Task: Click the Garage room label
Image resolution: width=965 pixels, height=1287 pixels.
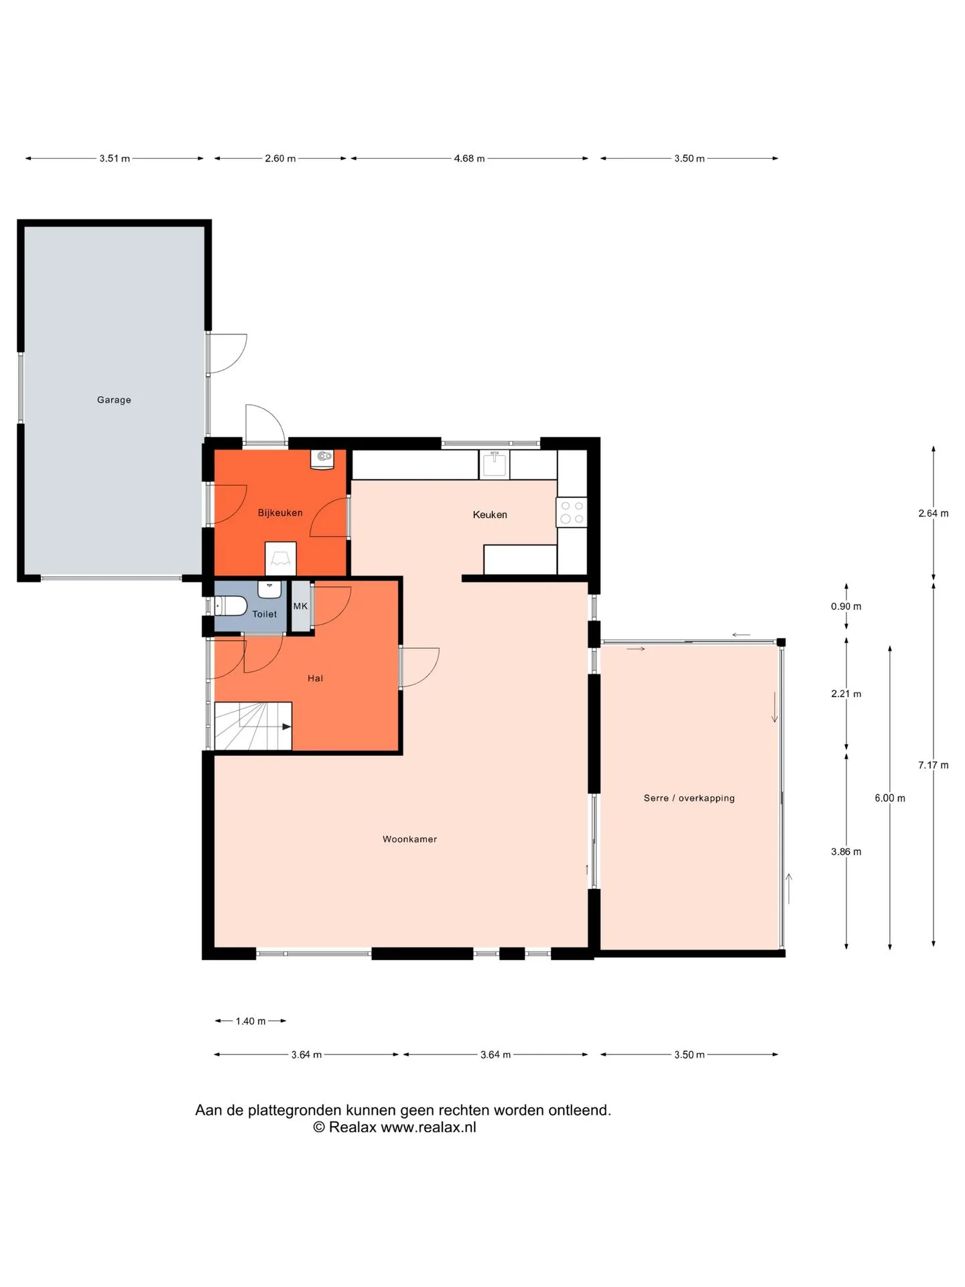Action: pos(114,400)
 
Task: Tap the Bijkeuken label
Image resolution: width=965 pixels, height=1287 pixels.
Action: pos(280,513)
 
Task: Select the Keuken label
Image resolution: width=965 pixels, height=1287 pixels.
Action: pos(490,515)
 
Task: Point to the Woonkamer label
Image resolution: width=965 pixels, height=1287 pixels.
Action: pos(409,839)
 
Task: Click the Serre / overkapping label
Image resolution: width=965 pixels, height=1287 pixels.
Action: pos(689,798)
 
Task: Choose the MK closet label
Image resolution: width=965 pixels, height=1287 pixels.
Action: pos(300,606)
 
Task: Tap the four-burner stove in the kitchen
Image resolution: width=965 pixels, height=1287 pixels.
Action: pos(572,513)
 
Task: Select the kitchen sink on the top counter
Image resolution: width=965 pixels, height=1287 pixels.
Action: pos(495,464)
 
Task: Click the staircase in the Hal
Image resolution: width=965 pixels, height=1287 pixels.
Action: pos(253,726)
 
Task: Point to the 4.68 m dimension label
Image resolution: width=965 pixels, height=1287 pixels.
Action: pos(469,159)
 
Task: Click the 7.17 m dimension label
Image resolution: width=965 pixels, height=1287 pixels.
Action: pos(934,765)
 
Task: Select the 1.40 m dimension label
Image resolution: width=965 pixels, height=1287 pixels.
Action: pos(251,1022)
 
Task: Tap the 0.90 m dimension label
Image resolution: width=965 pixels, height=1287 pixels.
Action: pos(846,607)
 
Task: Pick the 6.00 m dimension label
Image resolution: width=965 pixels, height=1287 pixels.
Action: pos(890,798)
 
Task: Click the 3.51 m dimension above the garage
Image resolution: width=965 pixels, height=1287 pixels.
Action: pos(115,159)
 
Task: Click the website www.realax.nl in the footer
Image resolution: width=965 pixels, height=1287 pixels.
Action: pos(428,1127)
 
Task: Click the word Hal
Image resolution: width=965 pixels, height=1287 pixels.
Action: pos(315,678)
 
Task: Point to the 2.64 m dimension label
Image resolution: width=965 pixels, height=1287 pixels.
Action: pos(934,513)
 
